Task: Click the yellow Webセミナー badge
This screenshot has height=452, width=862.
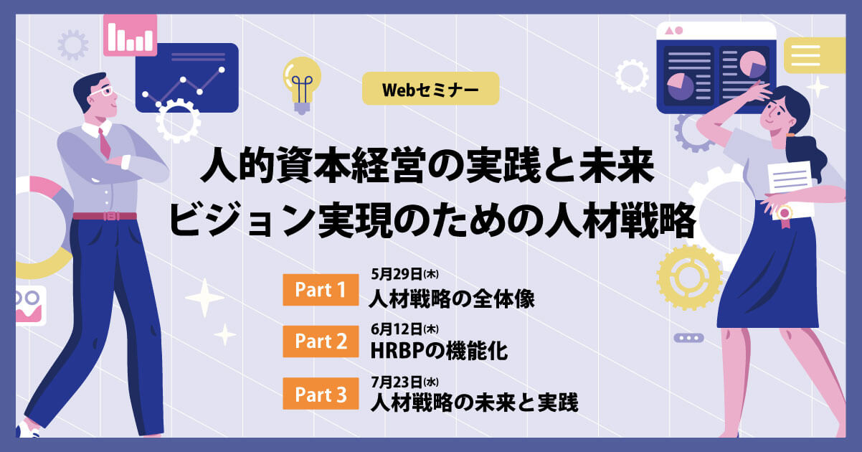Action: pyautogui.click(x=430, y=88)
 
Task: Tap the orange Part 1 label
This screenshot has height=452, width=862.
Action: pyautogui.click(x=321, y=290)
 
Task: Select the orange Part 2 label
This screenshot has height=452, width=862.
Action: pyautogui.click(x=321, y=341)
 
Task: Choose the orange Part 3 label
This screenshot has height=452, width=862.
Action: pyautogui.click(x=321, y=393)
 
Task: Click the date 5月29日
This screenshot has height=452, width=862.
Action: pyautogui.click(x=397, y=274)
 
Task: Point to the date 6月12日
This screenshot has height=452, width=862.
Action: pyautogui.click(x=397, y=329)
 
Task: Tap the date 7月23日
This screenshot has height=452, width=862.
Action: pyautogui.click(x=397, y=382)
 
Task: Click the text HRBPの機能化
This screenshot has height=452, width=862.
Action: pyautogui.click(x=439, y=351)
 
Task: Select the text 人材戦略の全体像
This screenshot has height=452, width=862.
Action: pyautogui.click(x=452, y=298)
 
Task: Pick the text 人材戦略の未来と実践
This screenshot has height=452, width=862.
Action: pyautogui.click(x=474, y=402)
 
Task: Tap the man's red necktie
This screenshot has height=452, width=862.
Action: pyautogui.click(x=104, y=143)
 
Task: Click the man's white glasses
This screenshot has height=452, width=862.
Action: pyautogui.click(x=103, y=92)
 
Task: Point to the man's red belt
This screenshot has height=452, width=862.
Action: pyautogui.click(x=105, y=216)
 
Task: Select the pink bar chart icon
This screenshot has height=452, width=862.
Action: pyautogui.click(x=130, y=35)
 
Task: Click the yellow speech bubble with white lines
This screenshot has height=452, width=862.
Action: pyautogui.click(x=814, y=55)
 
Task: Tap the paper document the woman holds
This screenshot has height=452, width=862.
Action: pyautogui.click(x=791, y=189)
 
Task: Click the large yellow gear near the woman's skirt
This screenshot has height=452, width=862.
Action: pyautogui.click(x=689, y=278)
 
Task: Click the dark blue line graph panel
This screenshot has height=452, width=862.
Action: pyautogui.click(x=187, y=77)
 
